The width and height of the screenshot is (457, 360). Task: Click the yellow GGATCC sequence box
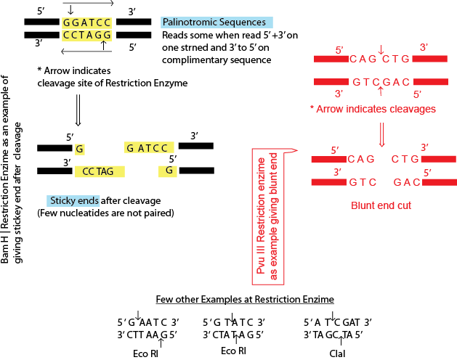coord(88,22)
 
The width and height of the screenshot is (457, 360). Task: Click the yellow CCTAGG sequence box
coord(88,35)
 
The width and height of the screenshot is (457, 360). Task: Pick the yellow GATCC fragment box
coord(147,148)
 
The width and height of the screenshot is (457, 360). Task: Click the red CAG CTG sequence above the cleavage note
coord(381,59)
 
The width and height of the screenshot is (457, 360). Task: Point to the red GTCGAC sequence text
coord(381,82)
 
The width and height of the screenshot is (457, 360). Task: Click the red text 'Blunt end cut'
coord(381,205)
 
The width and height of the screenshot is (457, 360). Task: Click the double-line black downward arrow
coord(78,112)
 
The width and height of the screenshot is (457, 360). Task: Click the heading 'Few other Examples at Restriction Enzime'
coord(244,299)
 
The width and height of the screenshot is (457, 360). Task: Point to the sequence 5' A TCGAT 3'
coord(337,322)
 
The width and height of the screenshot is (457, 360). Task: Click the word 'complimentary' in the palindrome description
coord(190,59)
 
